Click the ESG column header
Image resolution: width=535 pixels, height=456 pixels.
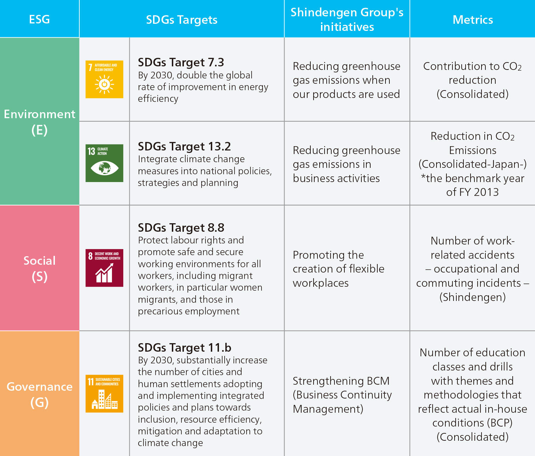(x=39, y=19)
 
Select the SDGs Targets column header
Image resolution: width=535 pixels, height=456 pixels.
(x=182, y=20)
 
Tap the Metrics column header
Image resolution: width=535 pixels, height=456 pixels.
(x=473, y=20)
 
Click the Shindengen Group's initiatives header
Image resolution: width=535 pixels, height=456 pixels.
(x=347, y=20)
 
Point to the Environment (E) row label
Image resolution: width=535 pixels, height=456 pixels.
(x=39, y=122)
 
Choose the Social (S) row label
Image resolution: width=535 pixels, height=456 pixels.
(x=39, y=268)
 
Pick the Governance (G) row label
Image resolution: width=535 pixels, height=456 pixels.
(x=39, y=394)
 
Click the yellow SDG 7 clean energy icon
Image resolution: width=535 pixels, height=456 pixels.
(x=104, y=79)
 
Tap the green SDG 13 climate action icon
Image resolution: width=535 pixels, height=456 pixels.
(x=104, y=163)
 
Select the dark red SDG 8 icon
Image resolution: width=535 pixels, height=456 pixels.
(x=104, y=268)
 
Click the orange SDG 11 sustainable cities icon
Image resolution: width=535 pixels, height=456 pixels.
(x=104, y=394)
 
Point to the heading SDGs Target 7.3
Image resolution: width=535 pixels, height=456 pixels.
(x=181, y=62)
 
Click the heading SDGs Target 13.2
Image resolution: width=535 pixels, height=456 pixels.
(x=184, y=146)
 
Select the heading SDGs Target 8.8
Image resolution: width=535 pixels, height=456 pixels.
(x=181, y=227)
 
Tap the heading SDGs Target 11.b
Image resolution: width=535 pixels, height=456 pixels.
(x=184, y=347)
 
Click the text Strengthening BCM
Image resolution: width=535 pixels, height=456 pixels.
(x=341, y=381)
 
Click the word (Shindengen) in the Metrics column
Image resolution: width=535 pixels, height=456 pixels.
(x=473, y=297)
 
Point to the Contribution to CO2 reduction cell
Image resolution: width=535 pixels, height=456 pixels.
(x=473, y=80)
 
